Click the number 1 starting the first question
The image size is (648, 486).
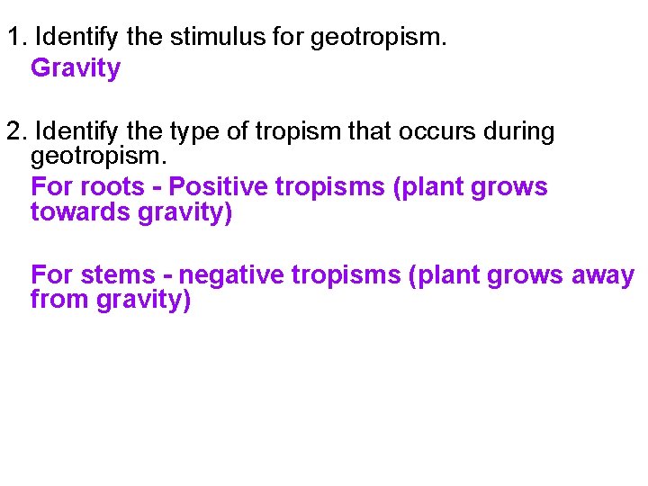coord(12,39)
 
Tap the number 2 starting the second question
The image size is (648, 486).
coord(13,131)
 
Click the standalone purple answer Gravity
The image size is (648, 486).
coord(76,68)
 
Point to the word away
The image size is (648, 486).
coord(603,275)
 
